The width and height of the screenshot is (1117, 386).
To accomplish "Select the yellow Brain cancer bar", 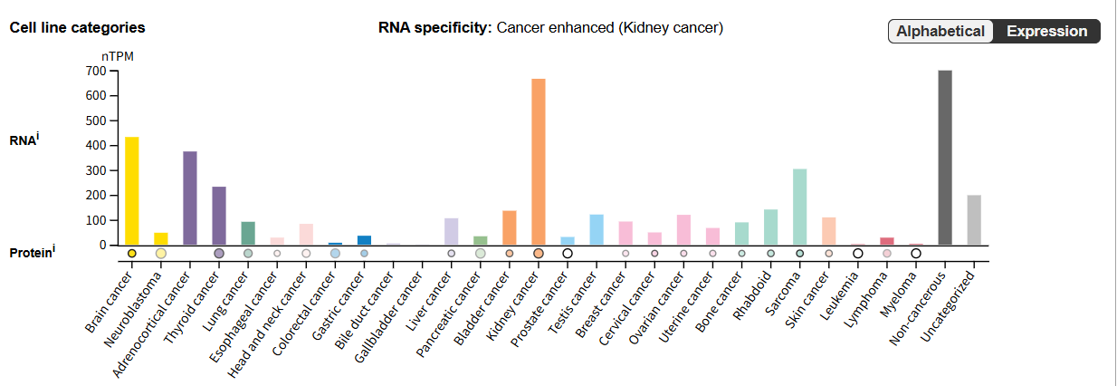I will (x=131, y=190).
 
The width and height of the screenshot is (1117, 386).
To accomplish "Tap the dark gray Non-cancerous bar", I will (x=945, y=158).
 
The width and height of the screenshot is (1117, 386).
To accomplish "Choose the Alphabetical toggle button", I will (x=940, y=32).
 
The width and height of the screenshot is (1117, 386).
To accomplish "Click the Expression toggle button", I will (x=1046, y=32).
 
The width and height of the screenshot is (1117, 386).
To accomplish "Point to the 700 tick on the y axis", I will (x=95, y=71).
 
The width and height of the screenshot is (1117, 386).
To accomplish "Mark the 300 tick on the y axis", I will (x=95, y=170).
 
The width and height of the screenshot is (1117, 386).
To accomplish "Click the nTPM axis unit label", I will (x=118, y=56).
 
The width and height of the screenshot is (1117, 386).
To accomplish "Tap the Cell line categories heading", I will (x=77, y=27).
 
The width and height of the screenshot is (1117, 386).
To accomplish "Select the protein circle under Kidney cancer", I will (x=538, y=254).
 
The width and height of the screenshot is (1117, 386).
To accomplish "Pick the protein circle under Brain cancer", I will (x=131, y=254).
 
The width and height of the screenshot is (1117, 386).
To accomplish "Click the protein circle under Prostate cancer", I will (x=568, y=254).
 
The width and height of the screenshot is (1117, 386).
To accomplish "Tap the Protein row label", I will (x=33, y=253).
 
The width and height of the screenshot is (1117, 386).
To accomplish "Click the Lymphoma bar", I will (x=887, y=241).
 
